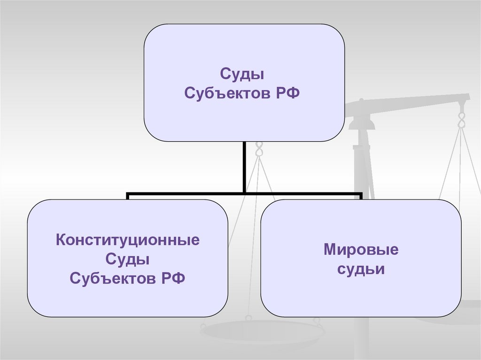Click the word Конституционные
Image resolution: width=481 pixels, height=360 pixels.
coord(128,240)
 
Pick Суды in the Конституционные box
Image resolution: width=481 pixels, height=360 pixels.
coord(127,259)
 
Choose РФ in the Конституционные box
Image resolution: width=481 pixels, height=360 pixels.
coord(172,278)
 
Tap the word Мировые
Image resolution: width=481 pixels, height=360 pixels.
coord(361,250)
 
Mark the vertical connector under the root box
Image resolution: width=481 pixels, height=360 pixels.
coord(244,167)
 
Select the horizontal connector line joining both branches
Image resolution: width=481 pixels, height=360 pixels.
coord(244,192)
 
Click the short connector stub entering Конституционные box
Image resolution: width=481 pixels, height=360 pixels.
coord(128,196)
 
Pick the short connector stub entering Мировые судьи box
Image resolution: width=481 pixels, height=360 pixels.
coord(361,196)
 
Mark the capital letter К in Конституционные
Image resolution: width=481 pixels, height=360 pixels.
coord(61,240)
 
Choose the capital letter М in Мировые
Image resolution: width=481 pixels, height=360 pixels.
coord(329,250)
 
